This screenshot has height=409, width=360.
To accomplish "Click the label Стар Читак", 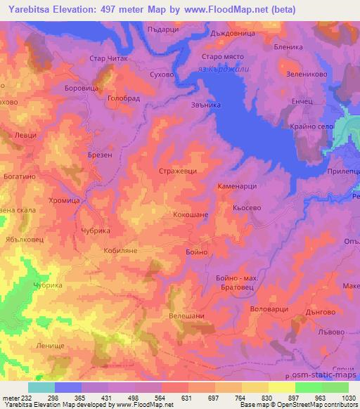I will point(108,59).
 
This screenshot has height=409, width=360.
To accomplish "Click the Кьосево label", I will point(246,209).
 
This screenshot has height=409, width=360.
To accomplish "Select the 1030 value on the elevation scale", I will point(340,397).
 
